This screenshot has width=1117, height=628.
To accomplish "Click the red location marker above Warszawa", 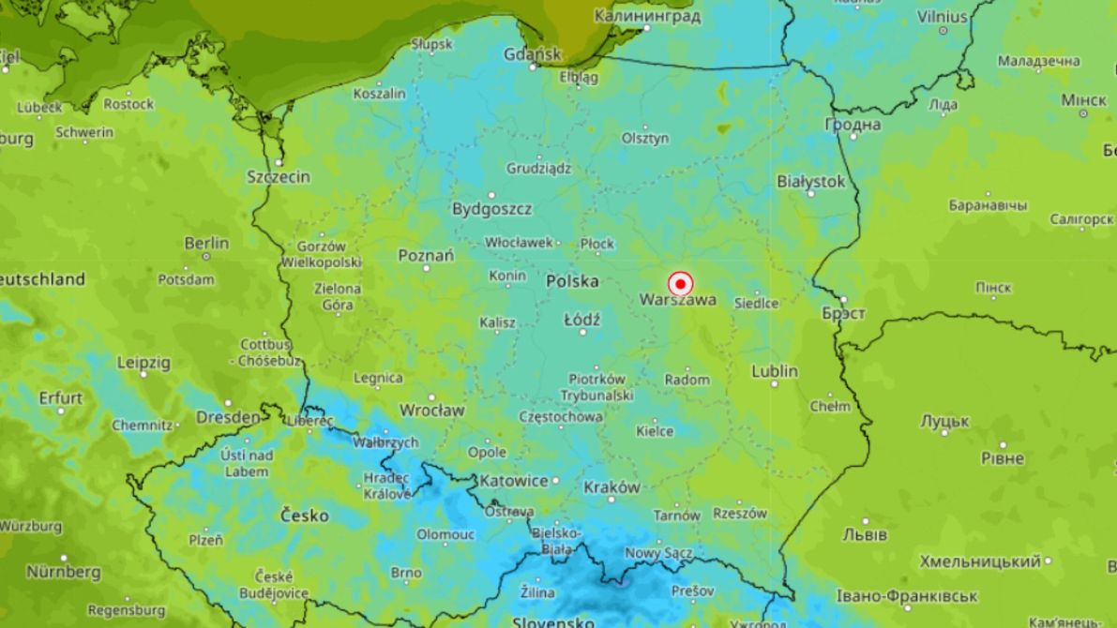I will pos(680,283).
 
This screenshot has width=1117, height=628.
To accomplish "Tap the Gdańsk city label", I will pos(532,53).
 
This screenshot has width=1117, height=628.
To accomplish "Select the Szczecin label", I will pos(279,176).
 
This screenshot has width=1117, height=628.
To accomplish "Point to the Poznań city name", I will pos(426,255).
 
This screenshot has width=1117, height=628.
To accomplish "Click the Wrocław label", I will pos(432,411).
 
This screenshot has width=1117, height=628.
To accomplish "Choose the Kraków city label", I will pos(611,487).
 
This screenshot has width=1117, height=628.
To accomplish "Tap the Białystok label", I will pos(811,182).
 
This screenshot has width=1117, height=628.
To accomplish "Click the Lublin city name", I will pos(775,371).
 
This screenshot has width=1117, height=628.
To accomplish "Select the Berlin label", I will pos(206,244).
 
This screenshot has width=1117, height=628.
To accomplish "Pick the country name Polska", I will pos(572,280).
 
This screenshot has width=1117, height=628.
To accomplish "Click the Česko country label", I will pos(305,516).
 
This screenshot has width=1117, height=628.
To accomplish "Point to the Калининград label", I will pos(648,16).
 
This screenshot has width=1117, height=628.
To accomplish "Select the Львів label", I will pos(864,534).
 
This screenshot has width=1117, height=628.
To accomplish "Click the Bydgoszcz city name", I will pos(492,208).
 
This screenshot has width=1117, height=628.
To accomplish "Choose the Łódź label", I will pos(581,320).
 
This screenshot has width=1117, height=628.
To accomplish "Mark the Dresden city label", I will pos(228,417).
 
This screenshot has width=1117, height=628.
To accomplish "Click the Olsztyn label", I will pos(645,138).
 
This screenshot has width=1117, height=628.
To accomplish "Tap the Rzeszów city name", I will pos(740,513).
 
